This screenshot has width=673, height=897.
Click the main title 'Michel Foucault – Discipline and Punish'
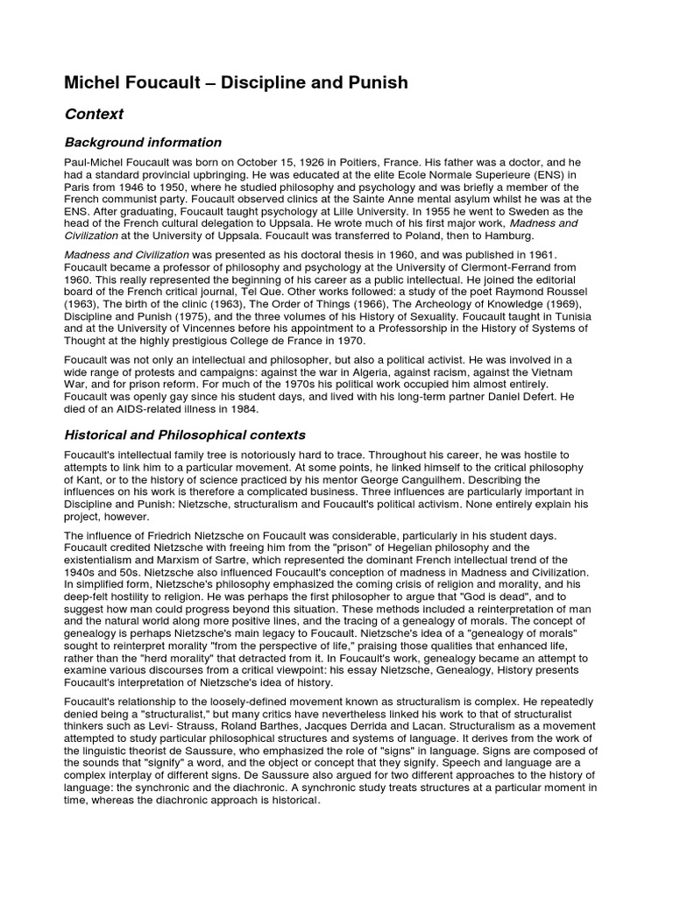click(236, 83)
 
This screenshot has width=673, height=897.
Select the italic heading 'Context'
click(94, 114)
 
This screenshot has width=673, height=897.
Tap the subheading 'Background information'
click(143, 142)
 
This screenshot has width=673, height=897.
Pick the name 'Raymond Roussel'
click(545, 291)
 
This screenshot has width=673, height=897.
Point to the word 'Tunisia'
click(570, 315)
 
